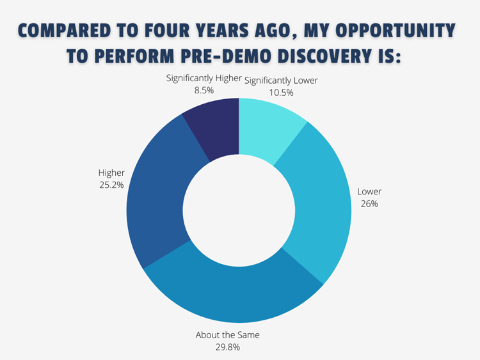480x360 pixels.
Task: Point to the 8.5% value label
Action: (204, 90)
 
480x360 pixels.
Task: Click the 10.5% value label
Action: (281, 92)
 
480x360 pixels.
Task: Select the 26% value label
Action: (369, 204)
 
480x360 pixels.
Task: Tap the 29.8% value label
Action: (227, 347)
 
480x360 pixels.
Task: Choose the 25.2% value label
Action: (111, 185)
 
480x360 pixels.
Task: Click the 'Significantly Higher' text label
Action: (204, 78)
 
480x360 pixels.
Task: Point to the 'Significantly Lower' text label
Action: (281, 81)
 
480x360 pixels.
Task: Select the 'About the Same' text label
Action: (227, 335)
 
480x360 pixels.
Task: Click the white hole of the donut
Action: (239, 210)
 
